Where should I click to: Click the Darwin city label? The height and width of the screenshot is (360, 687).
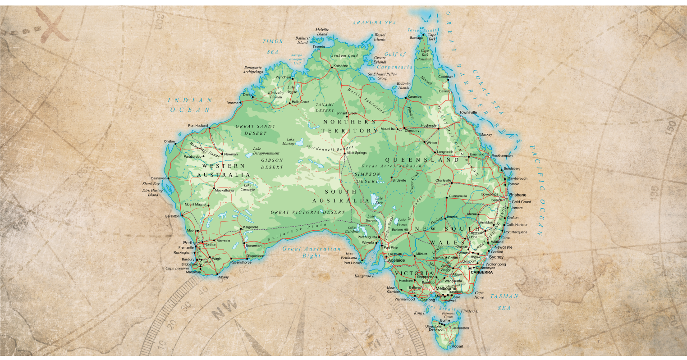pos(319,47)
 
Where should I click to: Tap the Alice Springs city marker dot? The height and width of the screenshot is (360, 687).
pos(345,153)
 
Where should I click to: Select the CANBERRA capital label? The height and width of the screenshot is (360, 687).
pos(481,273)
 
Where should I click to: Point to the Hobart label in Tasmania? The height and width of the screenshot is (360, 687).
pos(457,346)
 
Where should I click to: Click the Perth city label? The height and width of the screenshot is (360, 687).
pos(188,242)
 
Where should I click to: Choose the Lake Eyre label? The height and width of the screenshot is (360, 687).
pos(379,201)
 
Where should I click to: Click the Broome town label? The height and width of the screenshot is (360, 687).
pos(232,103)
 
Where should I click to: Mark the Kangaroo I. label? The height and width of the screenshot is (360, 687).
pos(365,275)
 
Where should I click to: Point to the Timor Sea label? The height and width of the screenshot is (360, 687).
pos(273,46)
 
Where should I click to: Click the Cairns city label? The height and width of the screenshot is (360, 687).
pos(444,91)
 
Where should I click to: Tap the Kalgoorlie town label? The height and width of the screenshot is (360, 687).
pos(251,227)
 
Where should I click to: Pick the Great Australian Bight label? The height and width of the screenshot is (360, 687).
pos(311,252)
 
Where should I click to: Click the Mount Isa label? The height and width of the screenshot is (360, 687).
pos(388,129)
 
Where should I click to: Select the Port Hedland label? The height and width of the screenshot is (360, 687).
pos(198,125)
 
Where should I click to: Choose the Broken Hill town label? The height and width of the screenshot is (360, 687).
pos(399,230)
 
